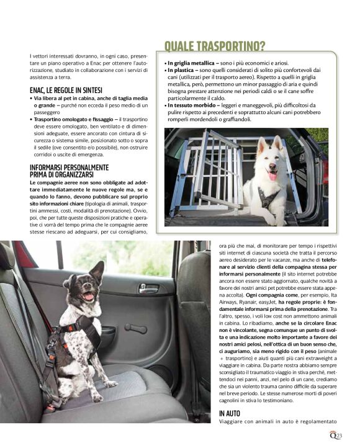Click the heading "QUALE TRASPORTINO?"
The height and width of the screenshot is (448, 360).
pyautogui.click(x=214, y=47)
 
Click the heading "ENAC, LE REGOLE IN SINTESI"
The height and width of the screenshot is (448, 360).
pyautogui.click(x=66, y=90)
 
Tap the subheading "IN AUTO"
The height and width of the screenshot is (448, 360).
pyautogui.click(x=230, y=413)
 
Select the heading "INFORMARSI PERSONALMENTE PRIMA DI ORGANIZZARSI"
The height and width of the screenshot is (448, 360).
pyautogui.click(x=69, y=171)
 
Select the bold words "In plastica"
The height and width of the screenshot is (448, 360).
pyautogui.click(x=182, y=71)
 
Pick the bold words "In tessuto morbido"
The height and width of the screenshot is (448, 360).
pyautogui.click(x=193, y=105)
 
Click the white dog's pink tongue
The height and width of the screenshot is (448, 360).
pyautogui.click(x=271, y=176)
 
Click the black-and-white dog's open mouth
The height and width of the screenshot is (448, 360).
pyautogui.click(x=88, y=295)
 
